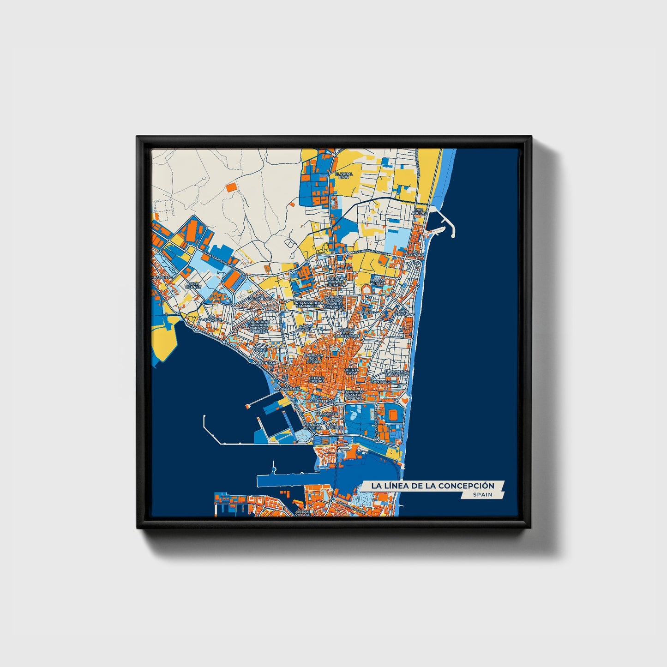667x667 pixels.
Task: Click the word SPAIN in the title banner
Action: pos(482,495)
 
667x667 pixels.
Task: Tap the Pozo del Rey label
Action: pos(193,286)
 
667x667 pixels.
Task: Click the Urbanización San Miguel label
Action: pos(306,304)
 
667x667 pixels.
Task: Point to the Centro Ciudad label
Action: pos(317,379)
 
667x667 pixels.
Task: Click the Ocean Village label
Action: pos(303,513)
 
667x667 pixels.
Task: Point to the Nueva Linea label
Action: pos(378,282)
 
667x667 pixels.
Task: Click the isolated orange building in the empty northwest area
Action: pos(231,186)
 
